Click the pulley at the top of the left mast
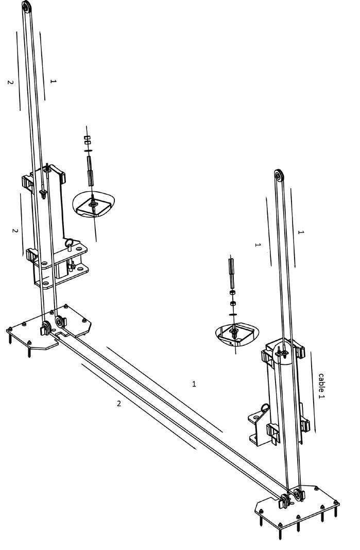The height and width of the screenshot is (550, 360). click(x=26, y=7)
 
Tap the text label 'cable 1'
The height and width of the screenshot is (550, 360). click(x=321, y=386)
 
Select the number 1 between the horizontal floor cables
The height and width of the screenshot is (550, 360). click(x=194, y=384)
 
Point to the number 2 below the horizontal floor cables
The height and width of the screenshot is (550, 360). click(x=119, y=403)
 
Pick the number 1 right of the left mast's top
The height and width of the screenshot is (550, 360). click(x=53, y=81)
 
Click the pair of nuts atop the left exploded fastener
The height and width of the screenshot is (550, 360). click(x=87, y=140)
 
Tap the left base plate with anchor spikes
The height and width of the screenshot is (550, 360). click(x=46, y=327)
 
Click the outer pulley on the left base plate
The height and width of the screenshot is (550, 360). click(x=45, y=327)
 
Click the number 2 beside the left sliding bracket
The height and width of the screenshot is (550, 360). click(x=15, y=230)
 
